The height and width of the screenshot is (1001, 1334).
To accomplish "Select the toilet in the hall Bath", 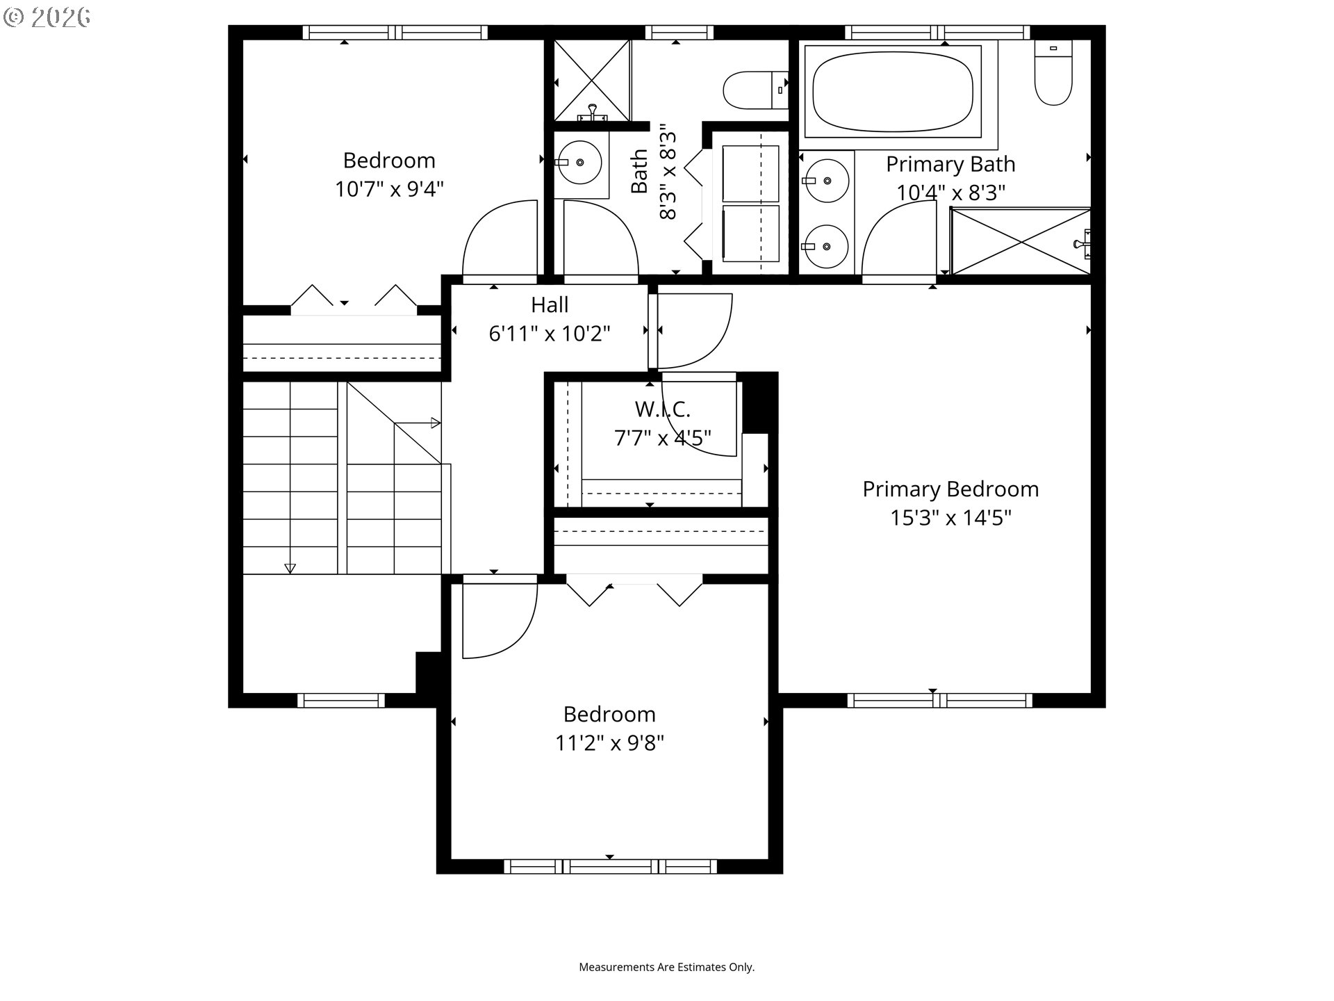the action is [755, 90].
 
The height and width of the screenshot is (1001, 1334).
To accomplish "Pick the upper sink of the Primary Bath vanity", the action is [826, 181].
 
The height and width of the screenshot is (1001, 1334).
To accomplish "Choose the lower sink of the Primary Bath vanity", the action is [826, 246].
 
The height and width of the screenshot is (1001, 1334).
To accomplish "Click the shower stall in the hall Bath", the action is [592, 81].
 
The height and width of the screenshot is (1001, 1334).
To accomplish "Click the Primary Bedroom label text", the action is [950, 489].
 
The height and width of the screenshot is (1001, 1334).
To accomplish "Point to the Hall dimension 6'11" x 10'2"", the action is [550, 334].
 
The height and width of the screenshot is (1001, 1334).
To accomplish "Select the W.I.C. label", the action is [663, 409].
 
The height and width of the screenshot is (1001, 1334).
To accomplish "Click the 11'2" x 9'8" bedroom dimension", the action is [609, 743].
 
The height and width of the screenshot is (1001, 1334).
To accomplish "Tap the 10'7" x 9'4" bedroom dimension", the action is [389, 189].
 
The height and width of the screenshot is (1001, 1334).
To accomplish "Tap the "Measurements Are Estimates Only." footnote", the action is [667, 967].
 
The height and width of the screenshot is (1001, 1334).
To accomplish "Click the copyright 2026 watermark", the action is [47, 17].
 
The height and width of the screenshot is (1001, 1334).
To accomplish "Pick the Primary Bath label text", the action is [950, 164].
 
